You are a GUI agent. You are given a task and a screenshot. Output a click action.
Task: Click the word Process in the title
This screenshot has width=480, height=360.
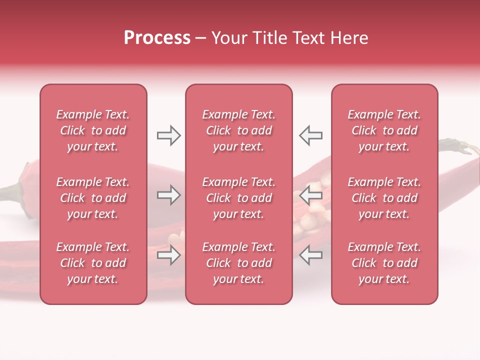157,38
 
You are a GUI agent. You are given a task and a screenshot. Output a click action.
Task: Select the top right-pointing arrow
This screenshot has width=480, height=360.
168,135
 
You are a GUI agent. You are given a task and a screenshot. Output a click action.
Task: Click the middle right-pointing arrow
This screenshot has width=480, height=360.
168,195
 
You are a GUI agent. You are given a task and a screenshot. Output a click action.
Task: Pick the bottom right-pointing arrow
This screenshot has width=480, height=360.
168,255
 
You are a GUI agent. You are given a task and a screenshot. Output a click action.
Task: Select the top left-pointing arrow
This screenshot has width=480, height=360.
310,135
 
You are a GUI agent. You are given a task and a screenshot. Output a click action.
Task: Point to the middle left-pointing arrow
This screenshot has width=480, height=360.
310,195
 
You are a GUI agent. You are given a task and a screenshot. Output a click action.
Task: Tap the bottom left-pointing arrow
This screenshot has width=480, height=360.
310,255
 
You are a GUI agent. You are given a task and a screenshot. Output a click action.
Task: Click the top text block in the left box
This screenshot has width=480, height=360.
93,130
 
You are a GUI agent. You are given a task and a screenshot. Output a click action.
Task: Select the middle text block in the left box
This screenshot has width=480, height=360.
93,198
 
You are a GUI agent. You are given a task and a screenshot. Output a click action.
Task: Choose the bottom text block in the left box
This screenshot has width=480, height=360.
93,263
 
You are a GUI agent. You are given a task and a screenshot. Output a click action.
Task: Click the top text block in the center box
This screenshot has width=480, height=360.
239,130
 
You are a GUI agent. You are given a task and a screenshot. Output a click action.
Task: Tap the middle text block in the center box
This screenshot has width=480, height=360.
239,198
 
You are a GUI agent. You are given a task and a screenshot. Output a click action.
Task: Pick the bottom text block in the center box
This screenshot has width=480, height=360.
239,263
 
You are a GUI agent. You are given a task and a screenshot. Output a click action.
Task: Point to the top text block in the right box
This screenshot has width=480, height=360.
384,130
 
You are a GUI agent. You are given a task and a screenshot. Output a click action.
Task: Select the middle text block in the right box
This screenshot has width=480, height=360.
384,198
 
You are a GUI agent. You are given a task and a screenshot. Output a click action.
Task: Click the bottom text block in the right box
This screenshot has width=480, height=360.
384,263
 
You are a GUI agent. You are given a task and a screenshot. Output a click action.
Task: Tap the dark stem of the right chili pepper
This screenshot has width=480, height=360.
457,148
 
